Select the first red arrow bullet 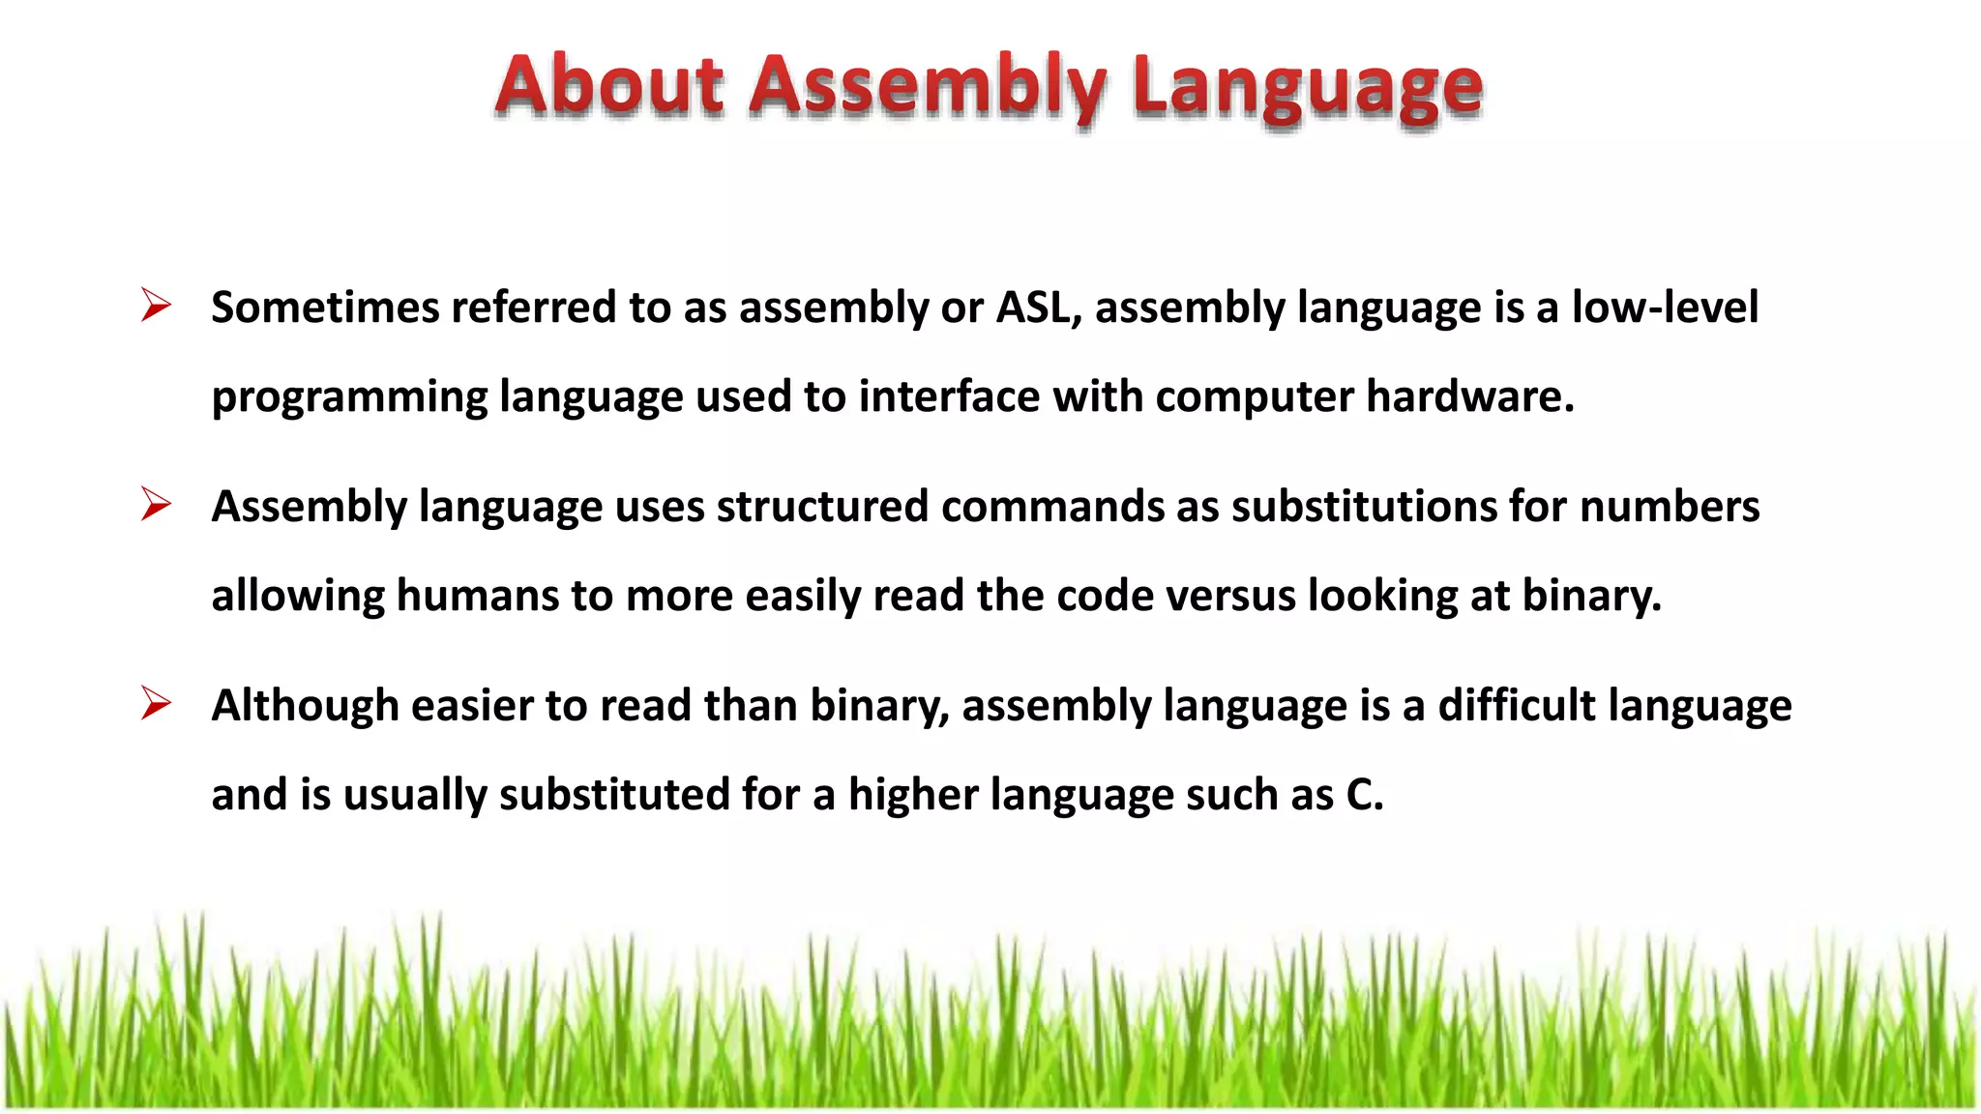pyautogui.click(x=156, y=306)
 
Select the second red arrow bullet pyautogui.click(x=156, y=505)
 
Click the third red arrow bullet pyautogui.click(x=156, y=703)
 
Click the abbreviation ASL pyautogui.click(x=1038, y=308)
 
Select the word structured pyautogui.click(x=822, y=507)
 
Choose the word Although pyautogui.click(x=306, y=706)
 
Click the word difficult pyautogui.click(x=1516, y=706)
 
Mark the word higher pyautogui.click(x=913, y=795)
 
